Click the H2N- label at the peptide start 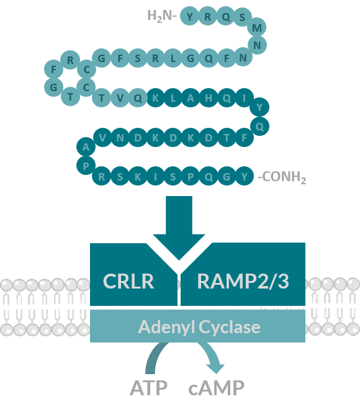161,16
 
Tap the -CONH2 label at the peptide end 282,177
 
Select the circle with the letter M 257,27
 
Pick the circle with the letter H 209,98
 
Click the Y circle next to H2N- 189,16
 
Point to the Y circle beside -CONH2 244,176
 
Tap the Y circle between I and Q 259,107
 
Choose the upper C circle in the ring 86,69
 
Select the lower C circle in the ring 86,87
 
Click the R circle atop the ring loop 70,60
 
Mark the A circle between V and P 86,146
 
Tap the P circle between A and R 86,166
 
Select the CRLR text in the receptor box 128,281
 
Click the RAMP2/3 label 243,281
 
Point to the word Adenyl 166,327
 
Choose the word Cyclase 230,327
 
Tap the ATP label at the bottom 148,388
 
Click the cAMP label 216,388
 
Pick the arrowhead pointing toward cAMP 215,369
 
